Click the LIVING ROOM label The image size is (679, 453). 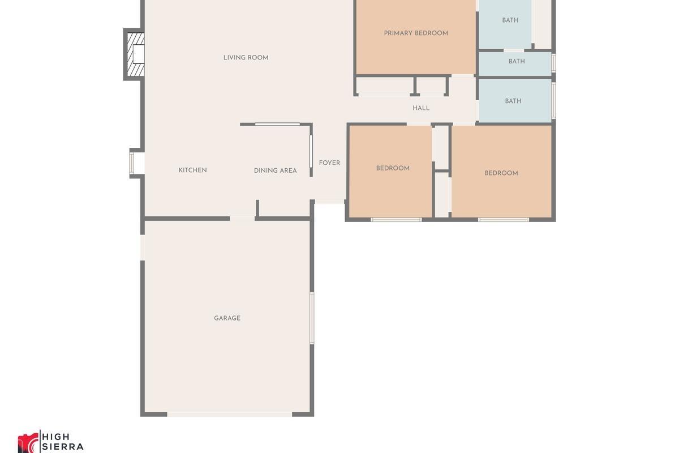(x=246, y=58)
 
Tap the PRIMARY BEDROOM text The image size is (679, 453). (x=416, y=33)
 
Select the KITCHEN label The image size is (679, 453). (x=192, y=170)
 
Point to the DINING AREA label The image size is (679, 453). (x=275, y=170)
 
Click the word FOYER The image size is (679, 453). (x=329, y=163)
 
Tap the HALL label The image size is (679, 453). (x=421, y=108)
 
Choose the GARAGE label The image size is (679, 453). (x=227, y=318)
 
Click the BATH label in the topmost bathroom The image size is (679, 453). (x=510, y=20)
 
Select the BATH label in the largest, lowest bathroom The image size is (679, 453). (x=513, y=101)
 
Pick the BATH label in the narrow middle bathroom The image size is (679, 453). (x=516, y=61)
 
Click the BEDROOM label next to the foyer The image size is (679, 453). (x=393, y=168)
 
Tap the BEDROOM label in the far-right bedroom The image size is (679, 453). (x=501, y=173)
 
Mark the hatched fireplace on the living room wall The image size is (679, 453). (x=135, y=54)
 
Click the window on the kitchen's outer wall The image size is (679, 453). (x=132, y=163)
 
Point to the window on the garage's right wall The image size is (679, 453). (x=312, y=318)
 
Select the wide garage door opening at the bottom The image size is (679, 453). (x=229, y=414)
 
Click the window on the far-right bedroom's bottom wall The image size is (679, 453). (x=503, y=219)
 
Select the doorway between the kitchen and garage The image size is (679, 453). (x=242, y=218)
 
